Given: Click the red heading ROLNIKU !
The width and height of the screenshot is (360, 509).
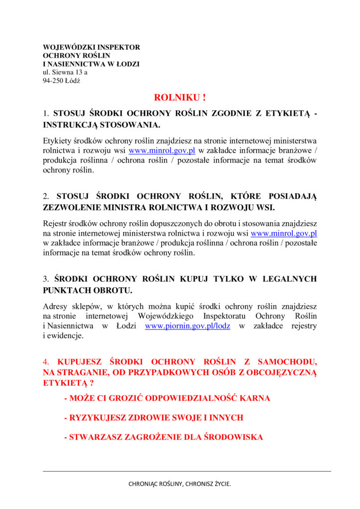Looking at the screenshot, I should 180,97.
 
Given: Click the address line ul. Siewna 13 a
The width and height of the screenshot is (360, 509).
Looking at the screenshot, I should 65,72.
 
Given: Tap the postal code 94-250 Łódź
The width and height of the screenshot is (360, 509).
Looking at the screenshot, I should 62,81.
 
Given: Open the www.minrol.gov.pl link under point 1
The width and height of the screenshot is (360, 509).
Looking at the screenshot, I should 162,151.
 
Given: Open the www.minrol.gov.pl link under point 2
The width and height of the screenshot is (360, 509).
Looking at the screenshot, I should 284,233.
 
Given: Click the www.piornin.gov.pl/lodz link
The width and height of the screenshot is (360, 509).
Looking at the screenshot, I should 187,326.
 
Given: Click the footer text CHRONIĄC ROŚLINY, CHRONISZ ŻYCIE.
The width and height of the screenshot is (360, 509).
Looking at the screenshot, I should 180,483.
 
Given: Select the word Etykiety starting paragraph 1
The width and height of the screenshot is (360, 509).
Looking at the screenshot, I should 57,141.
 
